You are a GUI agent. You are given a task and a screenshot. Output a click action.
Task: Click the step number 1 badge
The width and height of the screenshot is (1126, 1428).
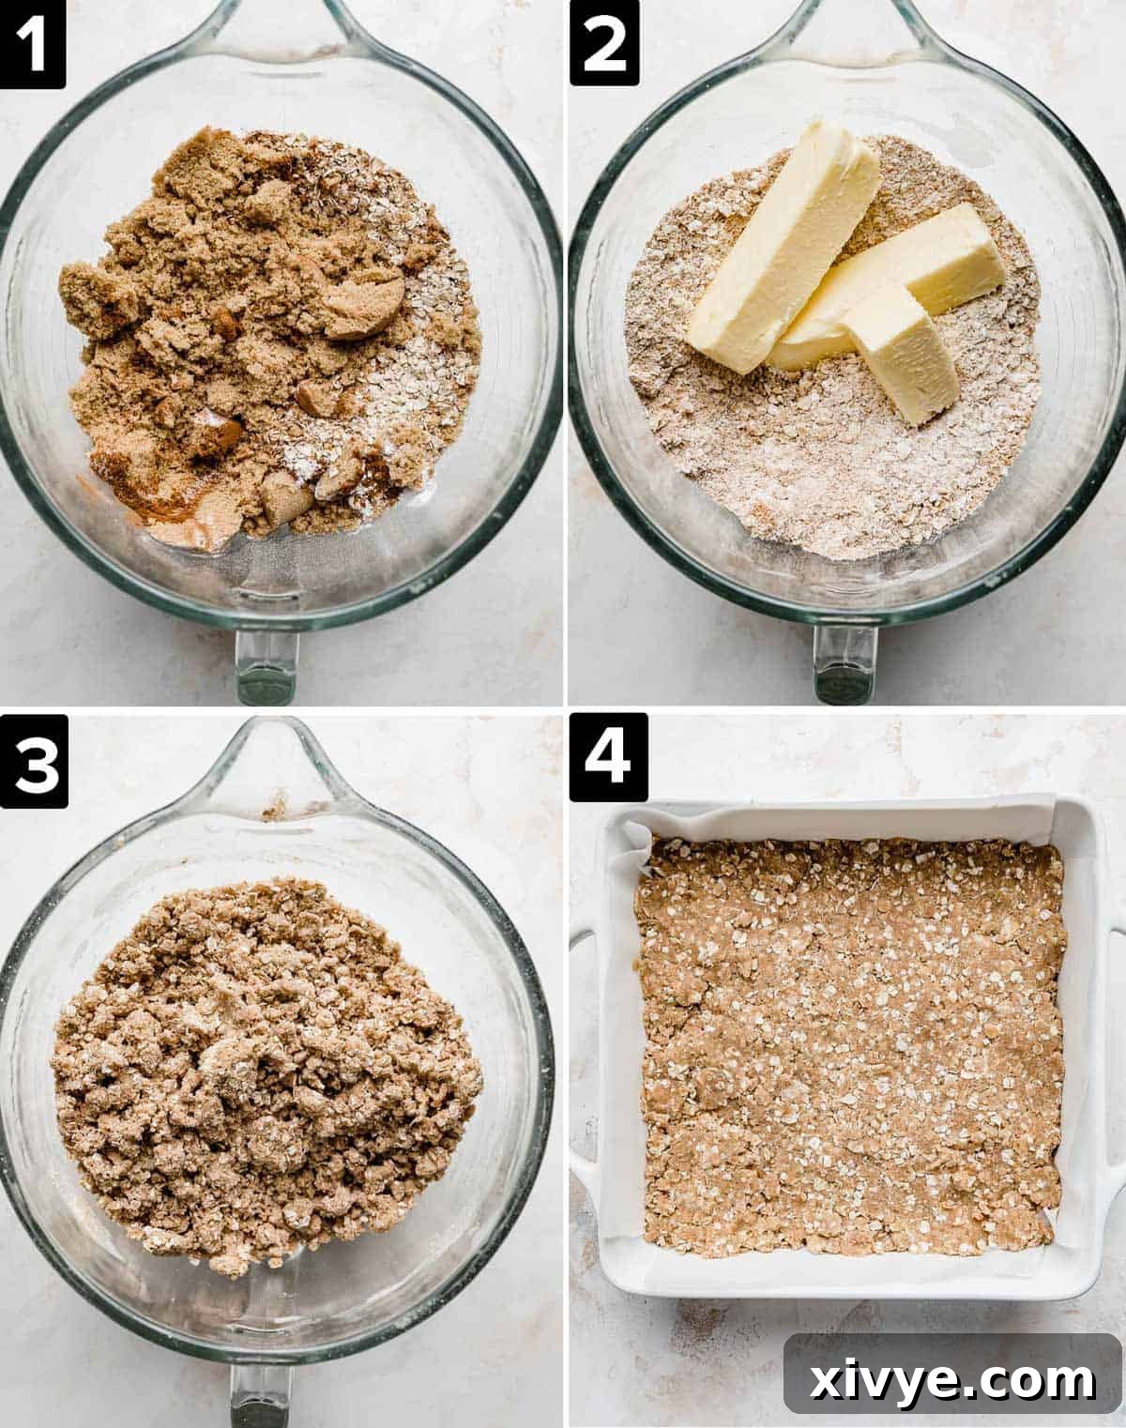coord(33,44)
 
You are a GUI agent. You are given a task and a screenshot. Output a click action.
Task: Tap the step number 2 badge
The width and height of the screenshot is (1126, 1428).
coord(603,44)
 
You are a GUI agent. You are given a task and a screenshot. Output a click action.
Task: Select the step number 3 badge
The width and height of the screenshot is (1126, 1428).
coord(34,761)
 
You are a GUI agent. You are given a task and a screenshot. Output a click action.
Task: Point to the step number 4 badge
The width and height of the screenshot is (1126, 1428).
coord(607,758)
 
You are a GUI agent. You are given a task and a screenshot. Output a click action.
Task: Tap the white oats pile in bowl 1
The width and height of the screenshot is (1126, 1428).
coord(413,375)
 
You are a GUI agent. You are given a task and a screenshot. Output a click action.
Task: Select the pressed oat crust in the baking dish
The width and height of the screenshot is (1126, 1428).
coord(849,1041)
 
